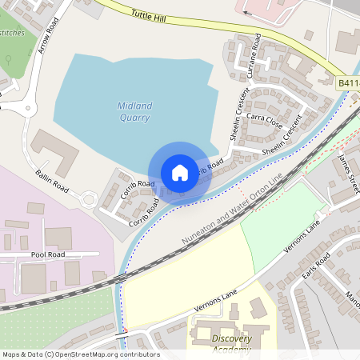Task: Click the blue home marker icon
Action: click(180, 172)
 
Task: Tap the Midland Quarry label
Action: click(134, 111)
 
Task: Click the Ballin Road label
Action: click(52, 178)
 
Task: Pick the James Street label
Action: click(350, 173)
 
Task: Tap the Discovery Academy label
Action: click(232, 343)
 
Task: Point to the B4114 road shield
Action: click(348, 83)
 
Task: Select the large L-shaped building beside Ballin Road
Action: click(56, 153)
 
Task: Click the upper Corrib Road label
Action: click(138, 190)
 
